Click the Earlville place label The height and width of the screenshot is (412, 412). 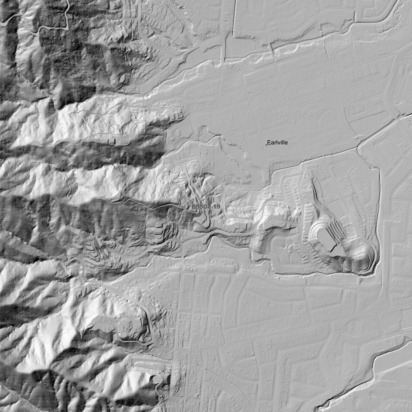[277, 143]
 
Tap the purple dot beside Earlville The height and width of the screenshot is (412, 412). [266, 145]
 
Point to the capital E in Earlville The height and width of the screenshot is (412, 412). [269, 143]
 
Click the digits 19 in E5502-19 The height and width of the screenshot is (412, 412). [217, 206]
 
